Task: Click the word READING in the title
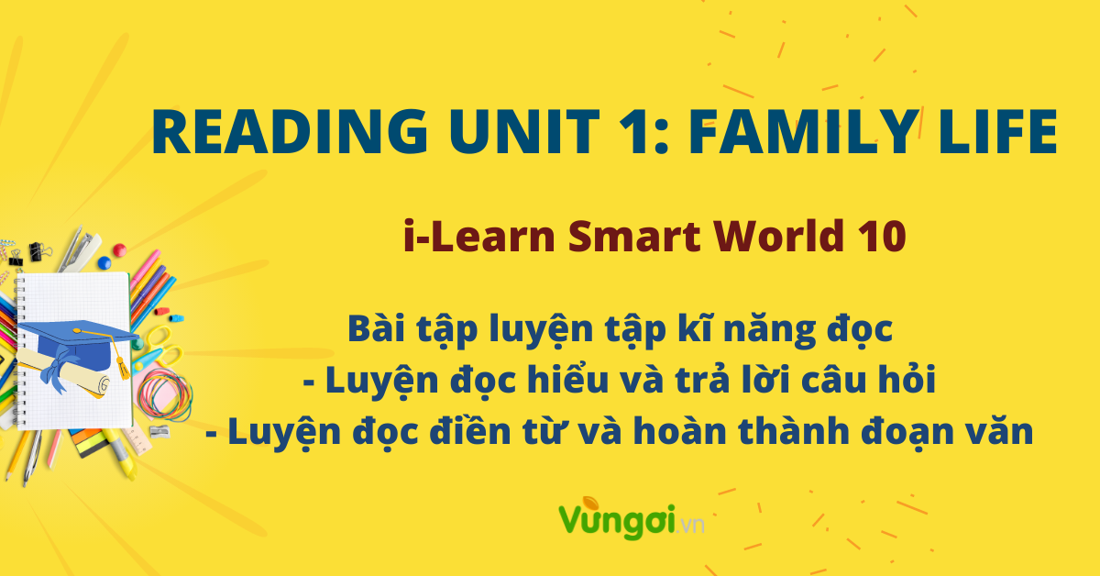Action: pyautogui.click(x=290, y=132)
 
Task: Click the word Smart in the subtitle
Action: pyautogui.click(x=634, y=236)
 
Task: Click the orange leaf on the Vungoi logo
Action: pyautogui.click(x=589, y=504)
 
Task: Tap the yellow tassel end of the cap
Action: pyautogui.click(x=123, y=369)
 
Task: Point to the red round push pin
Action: pyautogui.click(x=119, y=250)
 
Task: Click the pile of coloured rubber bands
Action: pyautogui.click(x=164, y=394)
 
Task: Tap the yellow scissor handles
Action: pyautogui.click(x=162, y=344)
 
